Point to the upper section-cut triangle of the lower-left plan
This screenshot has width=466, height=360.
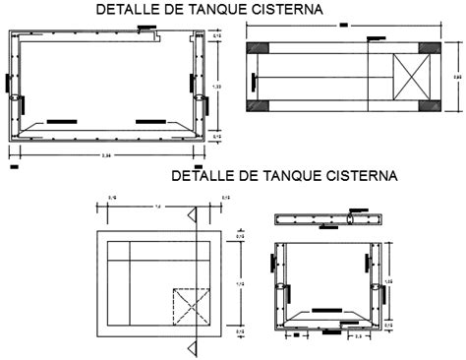(x=198, y=213)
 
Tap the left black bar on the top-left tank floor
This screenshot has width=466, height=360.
(x=61, y=121)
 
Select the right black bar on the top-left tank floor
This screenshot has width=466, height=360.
(x=148, y=121)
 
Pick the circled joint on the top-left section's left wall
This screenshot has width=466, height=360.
(x=15, y=99)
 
